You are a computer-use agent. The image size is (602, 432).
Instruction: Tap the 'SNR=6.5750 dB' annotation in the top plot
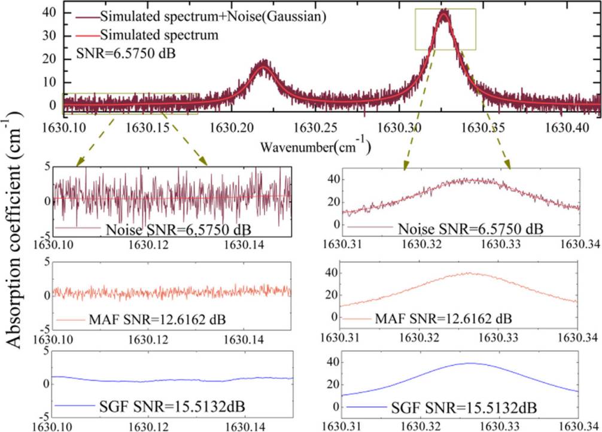click(x=121, y=54)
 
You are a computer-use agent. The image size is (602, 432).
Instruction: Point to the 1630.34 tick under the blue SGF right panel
click(x=580, y=426)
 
